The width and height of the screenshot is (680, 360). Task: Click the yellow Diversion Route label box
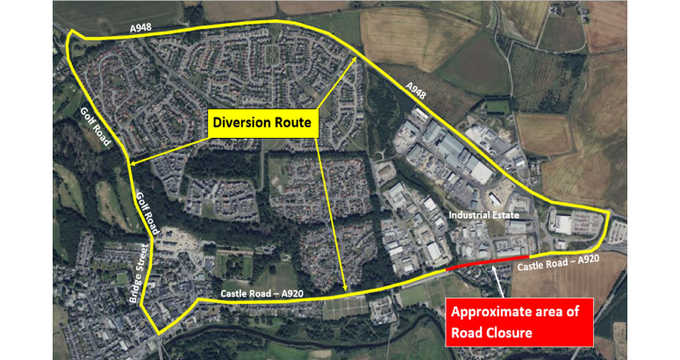(261, 124)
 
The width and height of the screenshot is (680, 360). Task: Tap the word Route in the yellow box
(293, 124)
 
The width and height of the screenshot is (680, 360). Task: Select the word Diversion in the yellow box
(246, 124)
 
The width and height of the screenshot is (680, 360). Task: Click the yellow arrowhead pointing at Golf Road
(132, 162)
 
